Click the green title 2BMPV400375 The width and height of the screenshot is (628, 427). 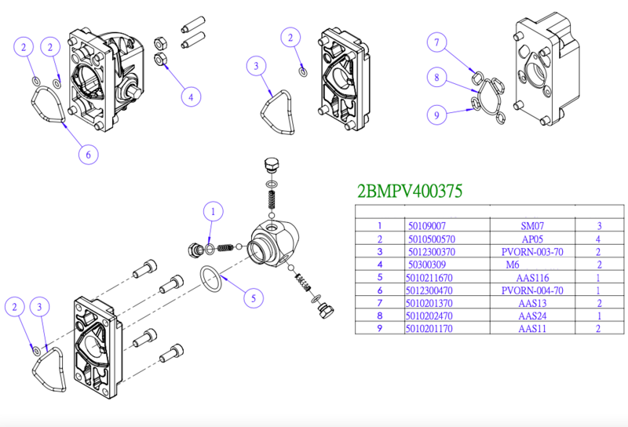point(409,191)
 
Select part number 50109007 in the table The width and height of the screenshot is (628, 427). point(426,224)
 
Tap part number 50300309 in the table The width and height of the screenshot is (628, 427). point(426,265)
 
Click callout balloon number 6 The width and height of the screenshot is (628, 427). point(89,155)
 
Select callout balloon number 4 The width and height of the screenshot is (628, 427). point(188,97)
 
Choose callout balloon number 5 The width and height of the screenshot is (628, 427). point(253,298)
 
